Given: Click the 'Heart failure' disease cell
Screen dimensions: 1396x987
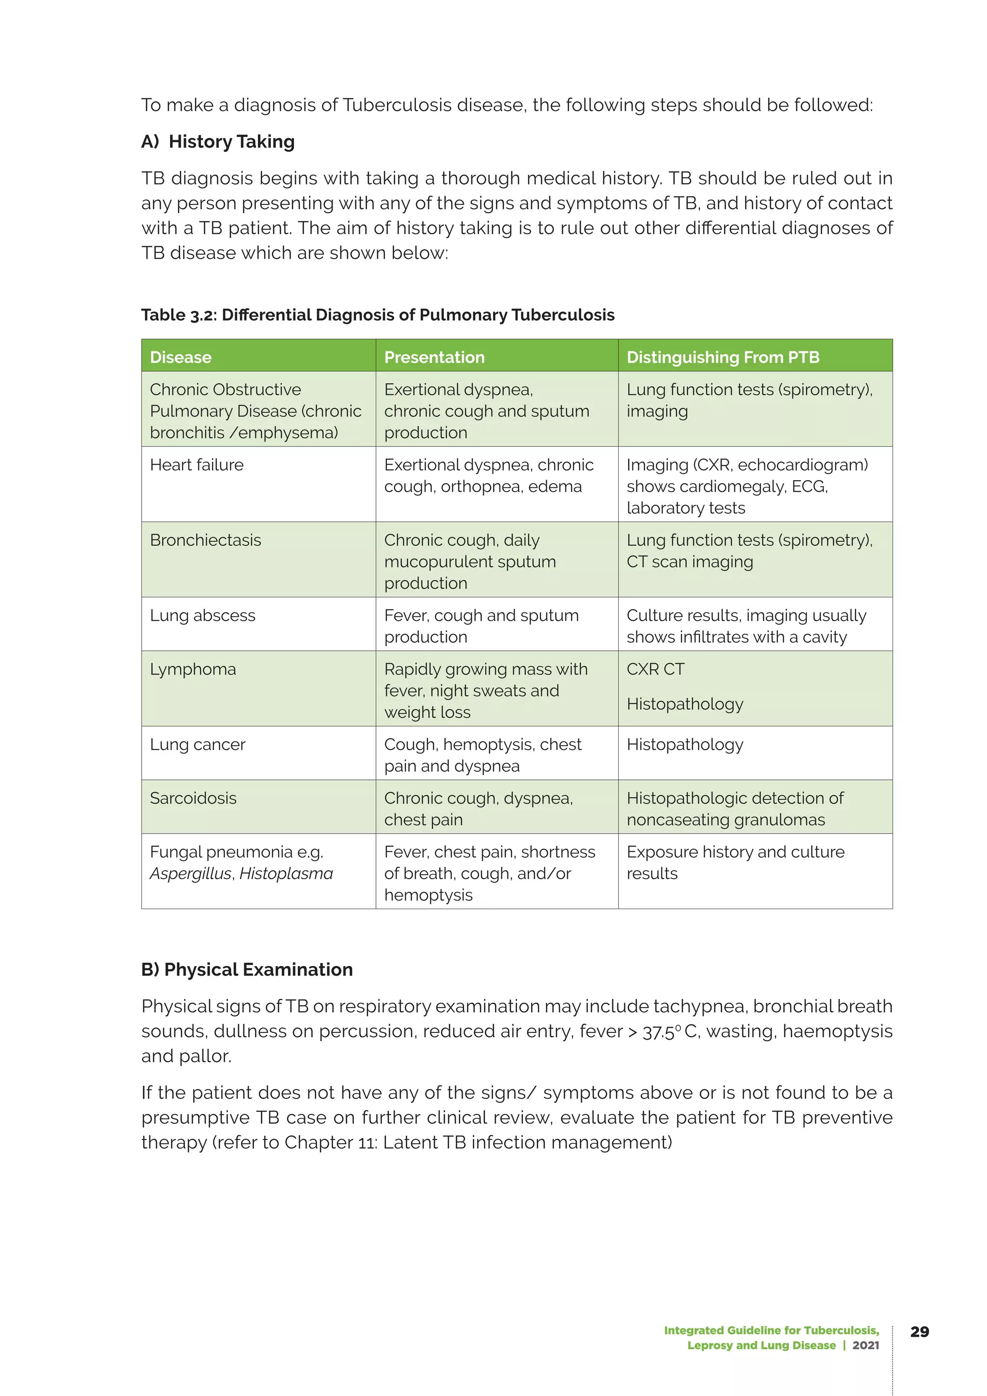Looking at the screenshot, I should click(196, 465).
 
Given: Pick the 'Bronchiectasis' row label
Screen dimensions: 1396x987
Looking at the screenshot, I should click(205, 540).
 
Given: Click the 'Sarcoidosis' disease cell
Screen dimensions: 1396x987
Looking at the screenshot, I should click(193, 798).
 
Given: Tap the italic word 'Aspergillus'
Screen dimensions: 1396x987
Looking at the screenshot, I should click(191, 874).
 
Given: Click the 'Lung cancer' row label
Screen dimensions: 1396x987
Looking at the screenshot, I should click(198, 744).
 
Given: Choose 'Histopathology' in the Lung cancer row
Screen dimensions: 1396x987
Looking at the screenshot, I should click(684, 744).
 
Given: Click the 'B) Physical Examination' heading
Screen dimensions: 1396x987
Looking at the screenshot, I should click(247, 969).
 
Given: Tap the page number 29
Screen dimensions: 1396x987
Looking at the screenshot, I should click(919, 1331).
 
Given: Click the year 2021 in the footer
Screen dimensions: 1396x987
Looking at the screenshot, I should click(866, 1345).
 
